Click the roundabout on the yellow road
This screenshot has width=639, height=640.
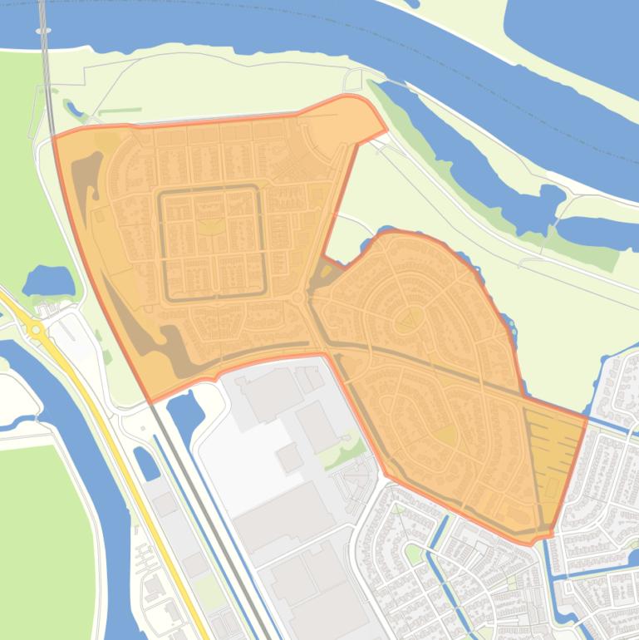[x=36, y=330]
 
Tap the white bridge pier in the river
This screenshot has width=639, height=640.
[x=43, y=31]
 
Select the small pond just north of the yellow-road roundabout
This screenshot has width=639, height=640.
[x=48, y=280]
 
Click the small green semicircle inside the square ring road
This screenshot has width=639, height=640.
[x=212, y=224]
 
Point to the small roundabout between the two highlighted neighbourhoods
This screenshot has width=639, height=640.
[x=297, y=297]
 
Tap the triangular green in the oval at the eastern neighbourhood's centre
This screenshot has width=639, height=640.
[x=408, y=318]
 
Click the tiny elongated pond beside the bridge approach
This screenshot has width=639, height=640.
[x=74, y=108]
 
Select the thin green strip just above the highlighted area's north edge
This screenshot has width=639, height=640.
[x=120, y=111]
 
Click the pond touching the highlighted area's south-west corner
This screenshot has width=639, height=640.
[x=184, y=410]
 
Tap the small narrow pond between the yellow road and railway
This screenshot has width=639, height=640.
[x=146, y=463]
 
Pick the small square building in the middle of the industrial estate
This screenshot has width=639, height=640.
[x=290, y=457]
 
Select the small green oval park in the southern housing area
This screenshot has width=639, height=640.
[x=413, y=553]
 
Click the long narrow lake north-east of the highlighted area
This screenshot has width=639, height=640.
[x=465, y=158]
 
